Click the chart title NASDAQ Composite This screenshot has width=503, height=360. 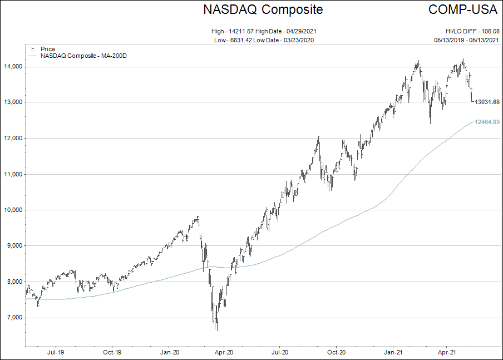263,9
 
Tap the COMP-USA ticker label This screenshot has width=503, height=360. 463,9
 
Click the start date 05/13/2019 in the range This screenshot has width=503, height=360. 450,40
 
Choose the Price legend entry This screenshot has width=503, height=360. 48,49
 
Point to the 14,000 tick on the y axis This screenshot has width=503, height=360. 13,66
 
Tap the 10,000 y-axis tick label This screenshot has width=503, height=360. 13,210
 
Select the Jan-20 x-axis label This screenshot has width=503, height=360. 169,352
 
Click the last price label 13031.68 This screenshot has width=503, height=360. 487,102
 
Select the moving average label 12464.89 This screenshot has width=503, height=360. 487,122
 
